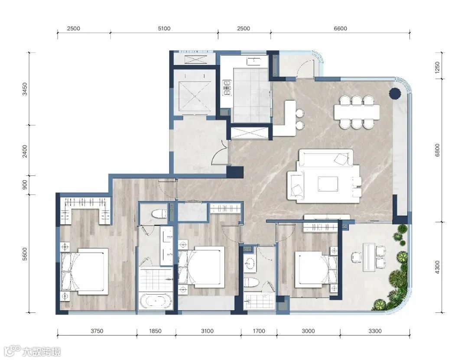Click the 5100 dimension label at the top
pos(164,28)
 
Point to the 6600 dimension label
pos(340,28)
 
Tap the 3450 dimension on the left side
pos(25,89)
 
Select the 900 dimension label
pos(25,184)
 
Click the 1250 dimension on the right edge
pos(437,68)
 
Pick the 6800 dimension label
pos(437,150)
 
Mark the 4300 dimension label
pos(437,267)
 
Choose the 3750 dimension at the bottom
pos(97,331)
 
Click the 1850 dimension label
pos(155,331)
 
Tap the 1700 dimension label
pos(259,331)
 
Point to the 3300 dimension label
pos(375,331)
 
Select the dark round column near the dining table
pos(395,94)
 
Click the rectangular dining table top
pos(357,112)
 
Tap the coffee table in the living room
pos(328,184)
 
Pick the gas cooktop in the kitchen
pos(227,88)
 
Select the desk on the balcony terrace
pos(370,257)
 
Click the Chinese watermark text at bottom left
pos(42,352)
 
